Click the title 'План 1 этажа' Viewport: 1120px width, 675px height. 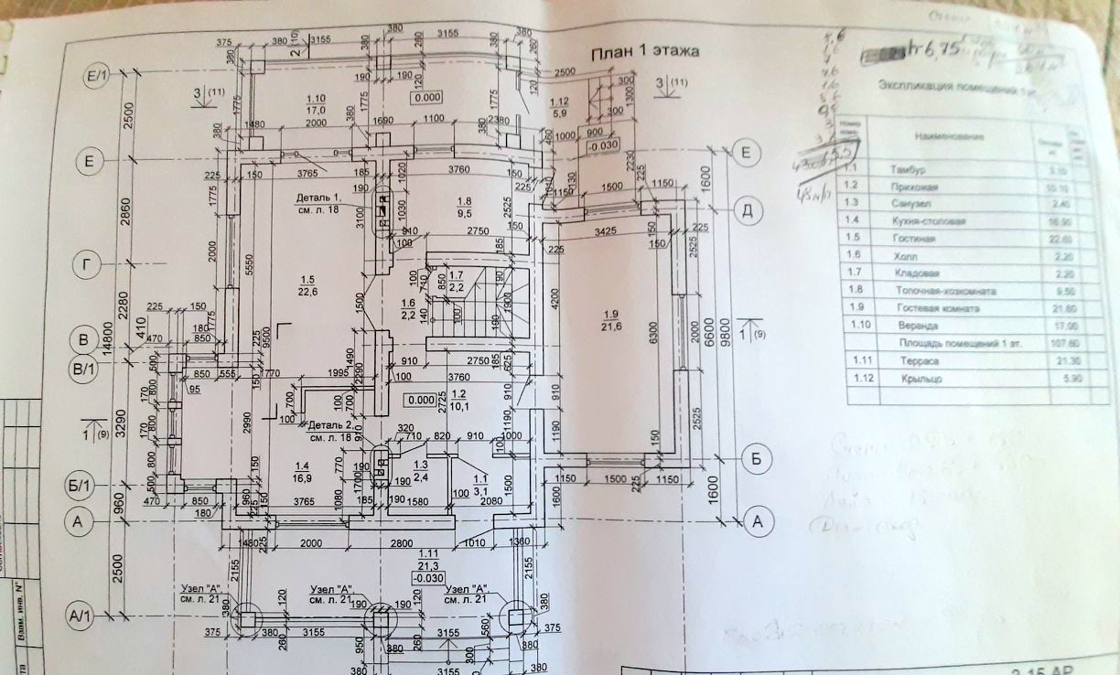click(x=643, y=52)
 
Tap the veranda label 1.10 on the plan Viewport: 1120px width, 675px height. click(x=316, y=103)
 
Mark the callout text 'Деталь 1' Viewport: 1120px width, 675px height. click(x=318, y=203)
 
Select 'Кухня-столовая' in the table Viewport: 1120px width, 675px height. click(x=928, y=222)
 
